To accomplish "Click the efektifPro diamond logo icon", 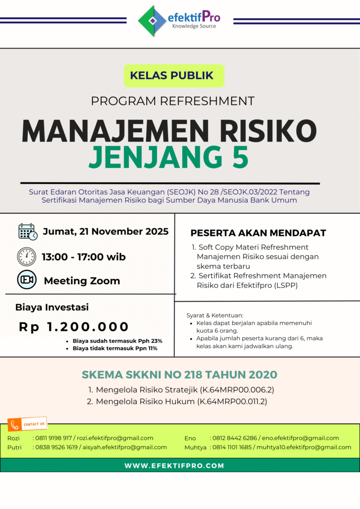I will click(153, 21).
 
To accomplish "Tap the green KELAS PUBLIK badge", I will click(174, 75).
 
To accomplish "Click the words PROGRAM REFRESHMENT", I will click(172, 101).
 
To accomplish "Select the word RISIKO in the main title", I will click(261, 132).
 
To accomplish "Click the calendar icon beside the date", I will click(27, 232).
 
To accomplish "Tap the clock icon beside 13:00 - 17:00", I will click(27, 257).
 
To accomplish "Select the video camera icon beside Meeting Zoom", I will click(27, 280).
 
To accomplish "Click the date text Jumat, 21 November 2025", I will click(106, 232).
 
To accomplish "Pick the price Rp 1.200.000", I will click(74, 327).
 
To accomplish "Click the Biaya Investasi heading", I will click(52, 307).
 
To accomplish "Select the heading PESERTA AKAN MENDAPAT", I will click(258, 233).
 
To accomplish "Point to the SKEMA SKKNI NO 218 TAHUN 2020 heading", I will click(180, 375).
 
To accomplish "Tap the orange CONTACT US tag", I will click(28, 424).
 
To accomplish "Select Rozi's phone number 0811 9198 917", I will click(53, 438).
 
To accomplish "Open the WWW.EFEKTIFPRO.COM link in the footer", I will click(174, 466).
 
